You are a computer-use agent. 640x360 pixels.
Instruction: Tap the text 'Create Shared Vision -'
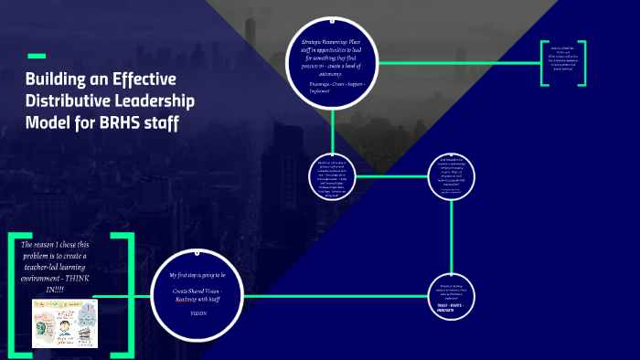[198, 290]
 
